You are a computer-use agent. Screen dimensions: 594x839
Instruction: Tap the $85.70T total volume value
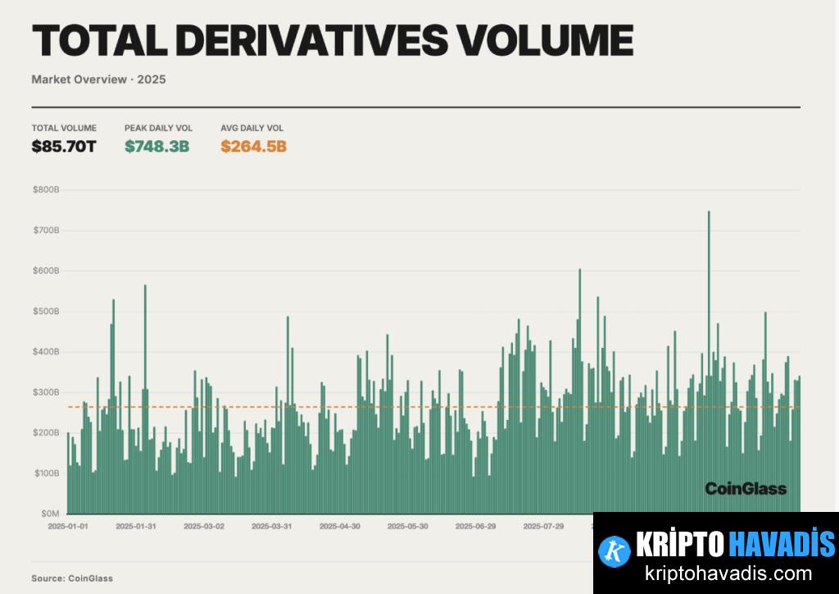tap(64, 147)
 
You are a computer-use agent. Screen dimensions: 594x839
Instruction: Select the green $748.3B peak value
tap(157, 147)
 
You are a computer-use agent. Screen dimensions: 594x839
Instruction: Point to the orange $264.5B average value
tap(253, 147)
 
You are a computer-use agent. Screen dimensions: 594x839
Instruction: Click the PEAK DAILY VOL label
tap(158, 128)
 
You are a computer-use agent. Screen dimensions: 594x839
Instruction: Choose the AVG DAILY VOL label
tap(252, 128)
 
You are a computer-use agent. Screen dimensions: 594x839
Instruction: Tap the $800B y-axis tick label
tap(46, 190)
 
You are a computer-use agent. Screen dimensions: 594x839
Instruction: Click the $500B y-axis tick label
tap(46, 312)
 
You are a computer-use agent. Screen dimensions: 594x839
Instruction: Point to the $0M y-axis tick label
tap(49, 514)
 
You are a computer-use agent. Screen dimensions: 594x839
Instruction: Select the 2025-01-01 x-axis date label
tap(68, 526)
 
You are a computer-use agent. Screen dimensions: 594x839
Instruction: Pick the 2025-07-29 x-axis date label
tap(543, 526)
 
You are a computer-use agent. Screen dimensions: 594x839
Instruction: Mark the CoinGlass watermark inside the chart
tap(746, 489)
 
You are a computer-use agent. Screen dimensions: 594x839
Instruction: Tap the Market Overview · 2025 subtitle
tap(93, 80)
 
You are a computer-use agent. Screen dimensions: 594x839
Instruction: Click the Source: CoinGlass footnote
tap(72, 578)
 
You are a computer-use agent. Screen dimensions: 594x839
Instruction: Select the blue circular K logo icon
tap(615, 551)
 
